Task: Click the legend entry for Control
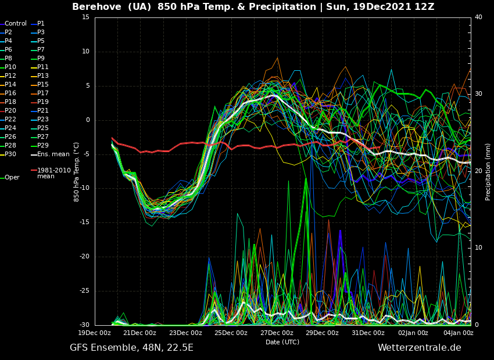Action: click(x=15, y=24)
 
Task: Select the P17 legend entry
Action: click(x=43, y=93)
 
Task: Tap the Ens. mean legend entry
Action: click(x=53, y=154)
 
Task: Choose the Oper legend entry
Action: click(x=12, y=178)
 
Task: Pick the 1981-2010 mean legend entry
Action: click(x=53, y=173)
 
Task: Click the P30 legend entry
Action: click(x=10, y=154)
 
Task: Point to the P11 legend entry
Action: click(x=43, y=67)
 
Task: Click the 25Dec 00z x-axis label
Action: click(x=231, y=333)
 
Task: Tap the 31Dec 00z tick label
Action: click(x=368, y=333)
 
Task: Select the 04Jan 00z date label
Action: click(x=459, y=333)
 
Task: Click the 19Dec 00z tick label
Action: click(x=94, y=333)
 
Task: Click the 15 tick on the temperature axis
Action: click(x=85, y=17)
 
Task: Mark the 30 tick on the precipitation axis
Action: click(x=478, y=94)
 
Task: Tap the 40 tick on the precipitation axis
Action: click(x=478, y=17)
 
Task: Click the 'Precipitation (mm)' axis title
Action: click(x=488, y=172)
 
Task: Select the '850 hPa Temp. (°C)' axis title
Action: click(x=77, y=172)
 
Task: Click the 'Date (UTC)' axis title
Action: click(x=282, y=343)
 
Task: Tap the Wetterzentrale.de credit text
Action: click(x=419, y=348)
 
